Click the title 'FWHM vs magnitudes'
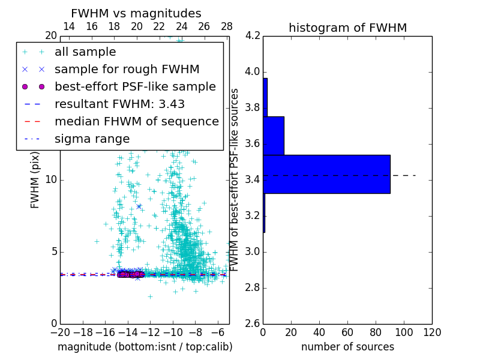[x=136, y=14]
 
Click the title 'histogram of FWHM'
[x=347, y=28]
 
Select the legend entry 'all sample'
[x=85, y=52]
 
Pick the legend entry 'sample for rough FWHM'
[x=127, y=70]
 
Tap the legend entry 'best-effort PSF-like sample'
[x=135, y=86]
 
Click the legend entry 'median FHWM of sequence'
[x=136, y=121]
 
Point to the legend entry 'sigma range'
[x=92, y=139]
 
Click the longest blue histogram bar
[x=326, y=174]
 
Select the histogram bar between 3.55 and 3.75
[x=274, y=136]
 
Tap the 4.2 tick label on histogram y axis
[x=252, y=36]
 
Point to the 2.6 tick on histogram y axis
[x=252, y=324]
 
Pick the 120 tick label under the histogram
[x=431, y=332]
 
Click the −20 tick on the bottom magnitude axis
[x=59, y=332]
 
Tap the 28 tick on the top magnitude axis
[x=226, y=26]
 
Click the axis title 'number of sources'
[x=347, y=347]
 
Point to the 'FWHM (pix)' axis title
[x=35, y=180]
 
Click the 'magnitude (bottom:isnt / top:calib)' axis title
[x=145, y=347]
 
